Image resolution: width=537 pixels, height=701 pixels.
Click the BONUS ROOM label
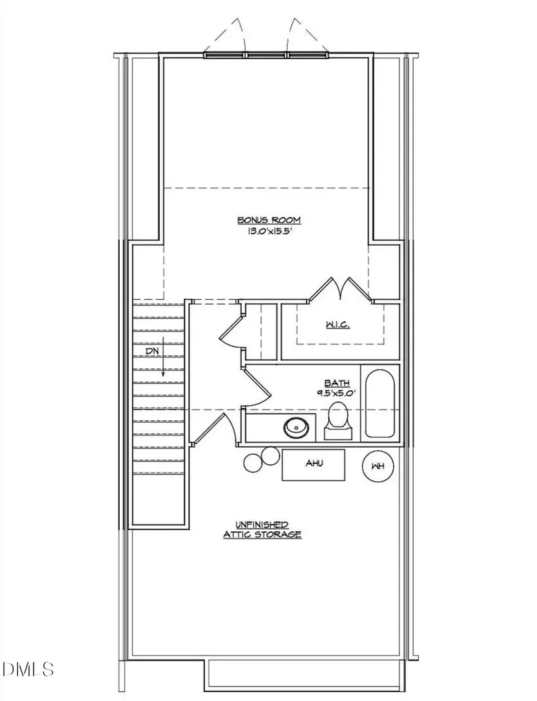pos(269,220)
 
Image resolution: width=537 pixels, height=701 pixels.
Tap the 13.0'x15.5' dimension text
pos(269,231)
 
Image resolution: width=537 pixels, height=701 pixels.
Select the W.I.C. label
pos(338,324)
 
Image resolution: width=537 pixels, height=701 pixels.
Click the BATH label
pos(337,383)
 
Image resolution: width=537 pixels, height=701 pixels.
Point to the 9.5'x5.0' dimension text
pos(336,394)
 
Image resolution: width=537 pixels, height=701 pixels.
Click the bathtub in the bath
pos(380,403)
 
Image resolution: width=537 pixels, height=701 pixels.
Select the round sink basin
pos(296,428)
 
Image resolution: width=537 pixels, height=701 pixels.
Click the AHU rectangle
pos(313,465)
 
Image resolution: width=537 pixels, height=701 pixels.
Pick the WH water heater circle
pos(378,466)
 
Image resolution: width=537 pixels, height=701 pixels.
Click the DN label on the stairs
pos(151,351)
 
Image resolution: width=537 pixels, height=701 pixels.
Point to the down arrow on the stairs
pos(163,360)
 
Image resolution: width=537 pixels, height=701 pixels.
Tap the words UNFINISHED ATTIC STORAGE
pos(262,529)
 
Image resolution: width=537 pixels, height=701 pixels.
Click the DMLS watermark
pos(28,669)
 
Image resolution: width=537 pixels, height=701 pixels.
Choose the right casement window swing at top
pos(308,36)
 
